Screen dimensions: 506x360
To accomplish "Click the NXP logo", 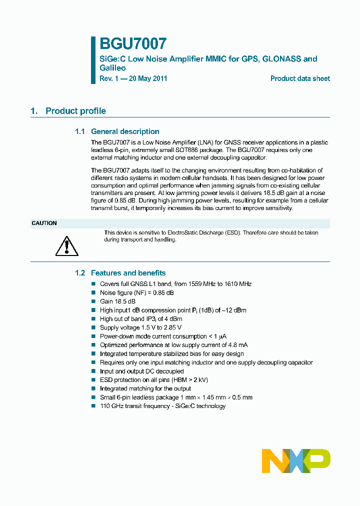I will click(296, 460).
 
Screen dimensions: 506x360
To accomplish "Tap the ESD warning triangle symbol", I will click(65, 245).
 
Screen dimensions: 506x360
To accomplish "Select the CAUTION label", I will click(44, 223).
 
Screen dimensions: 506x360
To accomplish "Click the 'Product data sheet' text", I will click(300, 78).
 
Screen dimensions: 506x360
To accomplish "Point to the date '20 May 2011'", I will click(148, 78).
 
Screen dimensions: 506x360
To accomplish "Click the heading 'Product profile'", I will click(75, 111).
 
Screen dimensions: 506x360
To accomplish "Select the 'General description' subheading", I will click(125, 131).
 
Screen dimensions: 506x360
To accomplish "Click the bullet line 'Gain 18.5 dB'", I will click(117, 301).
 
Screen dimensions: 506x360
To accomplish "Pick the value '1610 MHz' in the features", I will click(238, 284).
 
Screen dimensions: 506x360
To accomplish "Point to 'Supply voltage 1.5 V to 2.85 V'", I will click(140, 327).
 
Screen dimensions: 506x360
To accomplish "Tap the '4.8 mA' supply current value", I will click(237, 345).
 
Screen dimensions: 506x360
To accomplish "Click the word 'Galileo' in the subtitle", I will click(112, 68).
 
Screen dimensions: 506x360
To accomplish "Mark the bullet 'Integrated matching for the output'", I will click(145, 388).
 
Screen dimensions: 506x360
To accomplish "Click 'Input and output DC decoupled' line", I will click(141, 371).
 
